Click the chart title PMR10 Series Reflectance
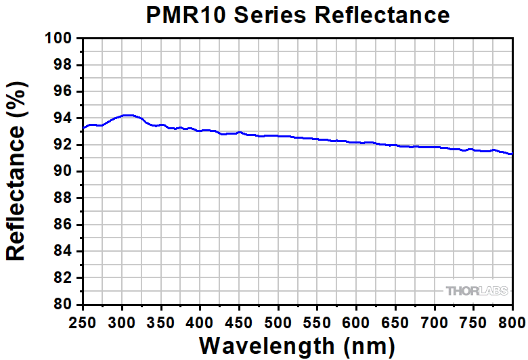point(298,15)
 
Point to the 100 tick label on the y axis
point(59,39)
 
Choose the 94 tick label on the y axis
point(63,118)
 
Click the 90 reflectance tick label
point(63,171)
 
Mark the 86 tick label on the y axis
point(63,225)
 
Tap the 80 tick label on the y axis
point(63,305)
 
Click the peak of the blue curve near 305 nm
point(127,115)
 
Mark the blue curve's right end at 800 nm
point(512,154)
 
